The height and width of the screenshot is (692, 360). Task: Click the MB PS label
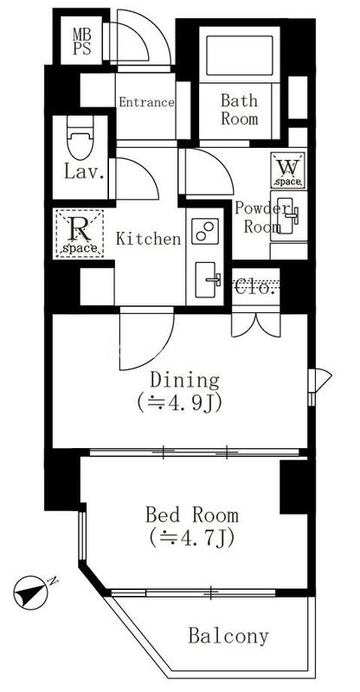[82, 41]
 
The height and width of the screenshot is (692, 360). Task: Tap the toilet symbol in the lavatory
[80, 138]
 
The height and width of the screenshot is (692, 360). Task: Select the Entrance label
[146, 102]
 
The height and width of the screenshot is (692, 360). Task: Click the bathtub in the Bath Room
[240, 55]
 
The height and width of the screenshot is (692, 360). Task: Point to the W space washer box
[288, 170]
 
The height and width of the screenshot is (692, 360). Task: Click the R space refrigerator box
[80, 234]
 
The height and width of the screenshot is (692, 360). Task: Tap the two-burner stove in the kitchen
[205, 231]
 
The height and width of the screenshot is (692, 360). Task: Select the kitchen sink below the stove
[208, 279]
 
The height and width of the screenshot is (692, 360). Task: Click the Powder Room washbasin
[288, 215]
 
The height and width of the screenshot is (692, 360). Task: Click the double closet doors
[256, 325]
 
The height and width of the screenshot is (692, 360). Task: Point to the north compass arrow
[30, 593]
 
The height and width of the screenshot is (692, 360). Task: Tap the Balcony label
[228, 637]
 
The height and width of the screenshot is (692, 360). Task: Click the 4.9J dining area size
[179, 403]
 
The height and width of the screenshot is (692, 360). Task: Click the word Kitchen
[149, 239]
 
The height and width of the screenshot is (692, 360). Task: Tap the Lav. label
[84, 171]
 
